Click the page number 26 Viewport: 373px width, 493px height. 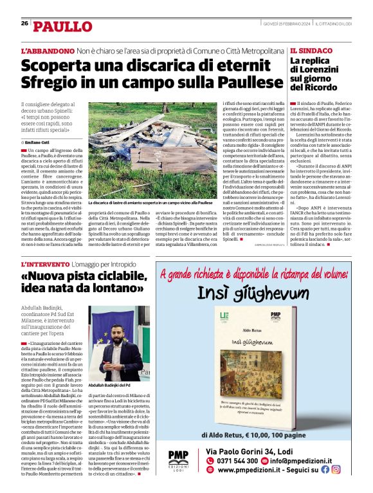click(24, 23)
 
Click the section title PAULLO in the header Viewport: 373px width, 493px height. click(63, 26)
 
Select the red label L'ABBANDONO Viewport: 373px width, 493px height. click(48, 50)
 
